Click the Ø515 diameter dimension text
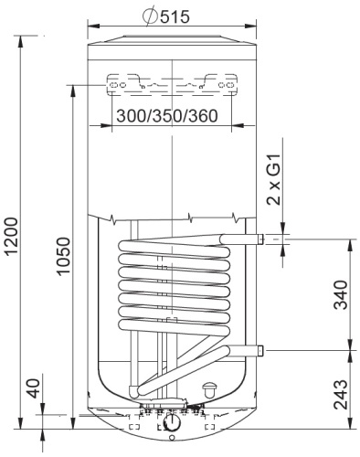pyautogui.click(x=166, y=16)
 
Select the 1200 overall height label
pyautogui.click(x=14, y=236)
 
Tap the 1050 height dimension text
pyautogui.click(x=64, y=257)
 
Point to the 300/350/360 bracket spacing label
pyautogui.click(x=167, y=116)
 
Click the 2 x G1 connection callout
pyautogui.click(x=273, y=179)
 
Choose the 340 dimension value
pyautogui.click(x=340, y=295)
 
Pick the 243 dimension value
pyautogui.click(x=340, y=394)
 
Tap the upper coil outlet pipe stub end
pyautogui.click(x=260, y=239)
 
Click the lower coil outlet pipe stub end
pyautogui.click(x=260, y=351)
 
